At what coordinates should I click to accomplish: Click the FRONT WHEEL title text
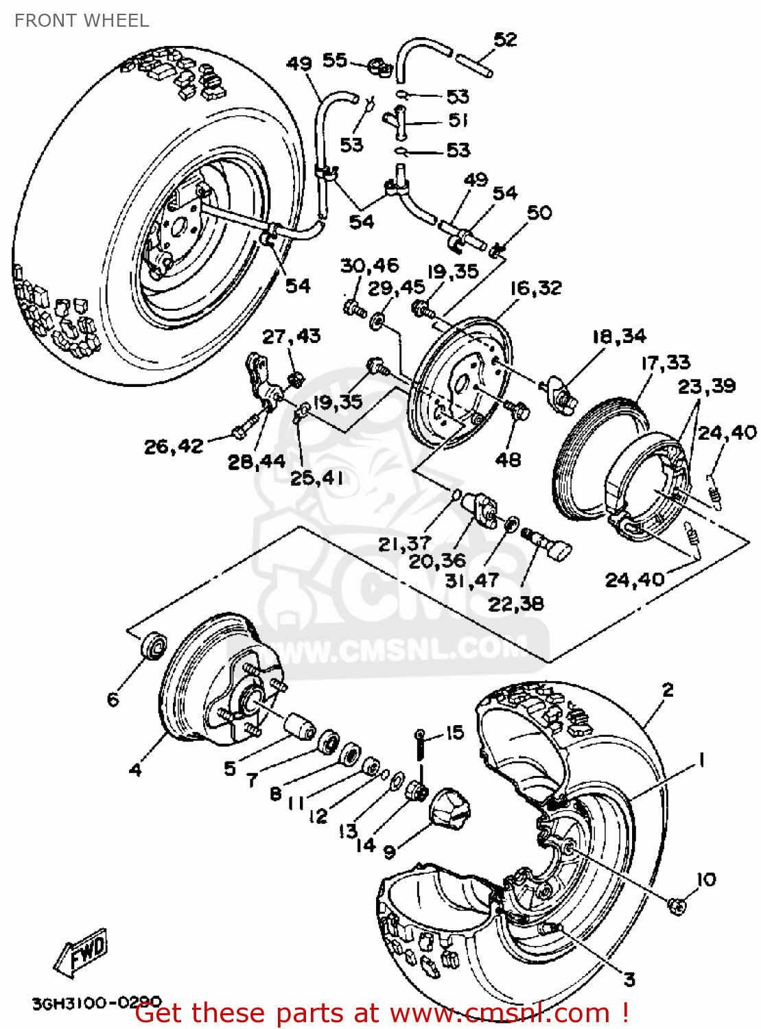(x=82, y=21)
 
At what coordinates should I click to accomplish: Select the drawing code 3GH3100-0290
(x=96, y=1004)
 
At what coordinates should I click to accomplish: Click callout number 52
(x=505, y=40)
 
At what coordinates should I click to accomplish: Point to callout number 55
(x=335, y=60)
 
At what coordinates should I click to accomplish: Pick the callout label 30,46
(x=369, y=265)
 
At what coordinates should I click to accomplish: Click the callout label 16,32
(x=535, y=288)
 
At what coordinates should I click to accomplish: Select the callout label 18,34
(x=619, y=336)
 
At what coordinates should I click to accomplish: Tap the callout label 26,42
(x=174, y=447)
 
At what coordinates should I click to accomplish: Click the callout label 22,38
(x=515, y=604)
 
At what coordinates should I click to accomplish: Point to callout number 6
(x=113, y=699)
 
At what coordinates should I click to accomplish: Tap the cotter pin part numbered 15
(x=420, y=748)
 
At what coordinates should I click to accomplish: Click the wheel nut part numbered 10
(x=677, y=906)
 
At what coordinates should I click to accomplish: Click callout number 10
(x=705, y=879)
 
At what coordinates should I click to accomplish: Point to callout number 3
(x=629, y=980)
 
